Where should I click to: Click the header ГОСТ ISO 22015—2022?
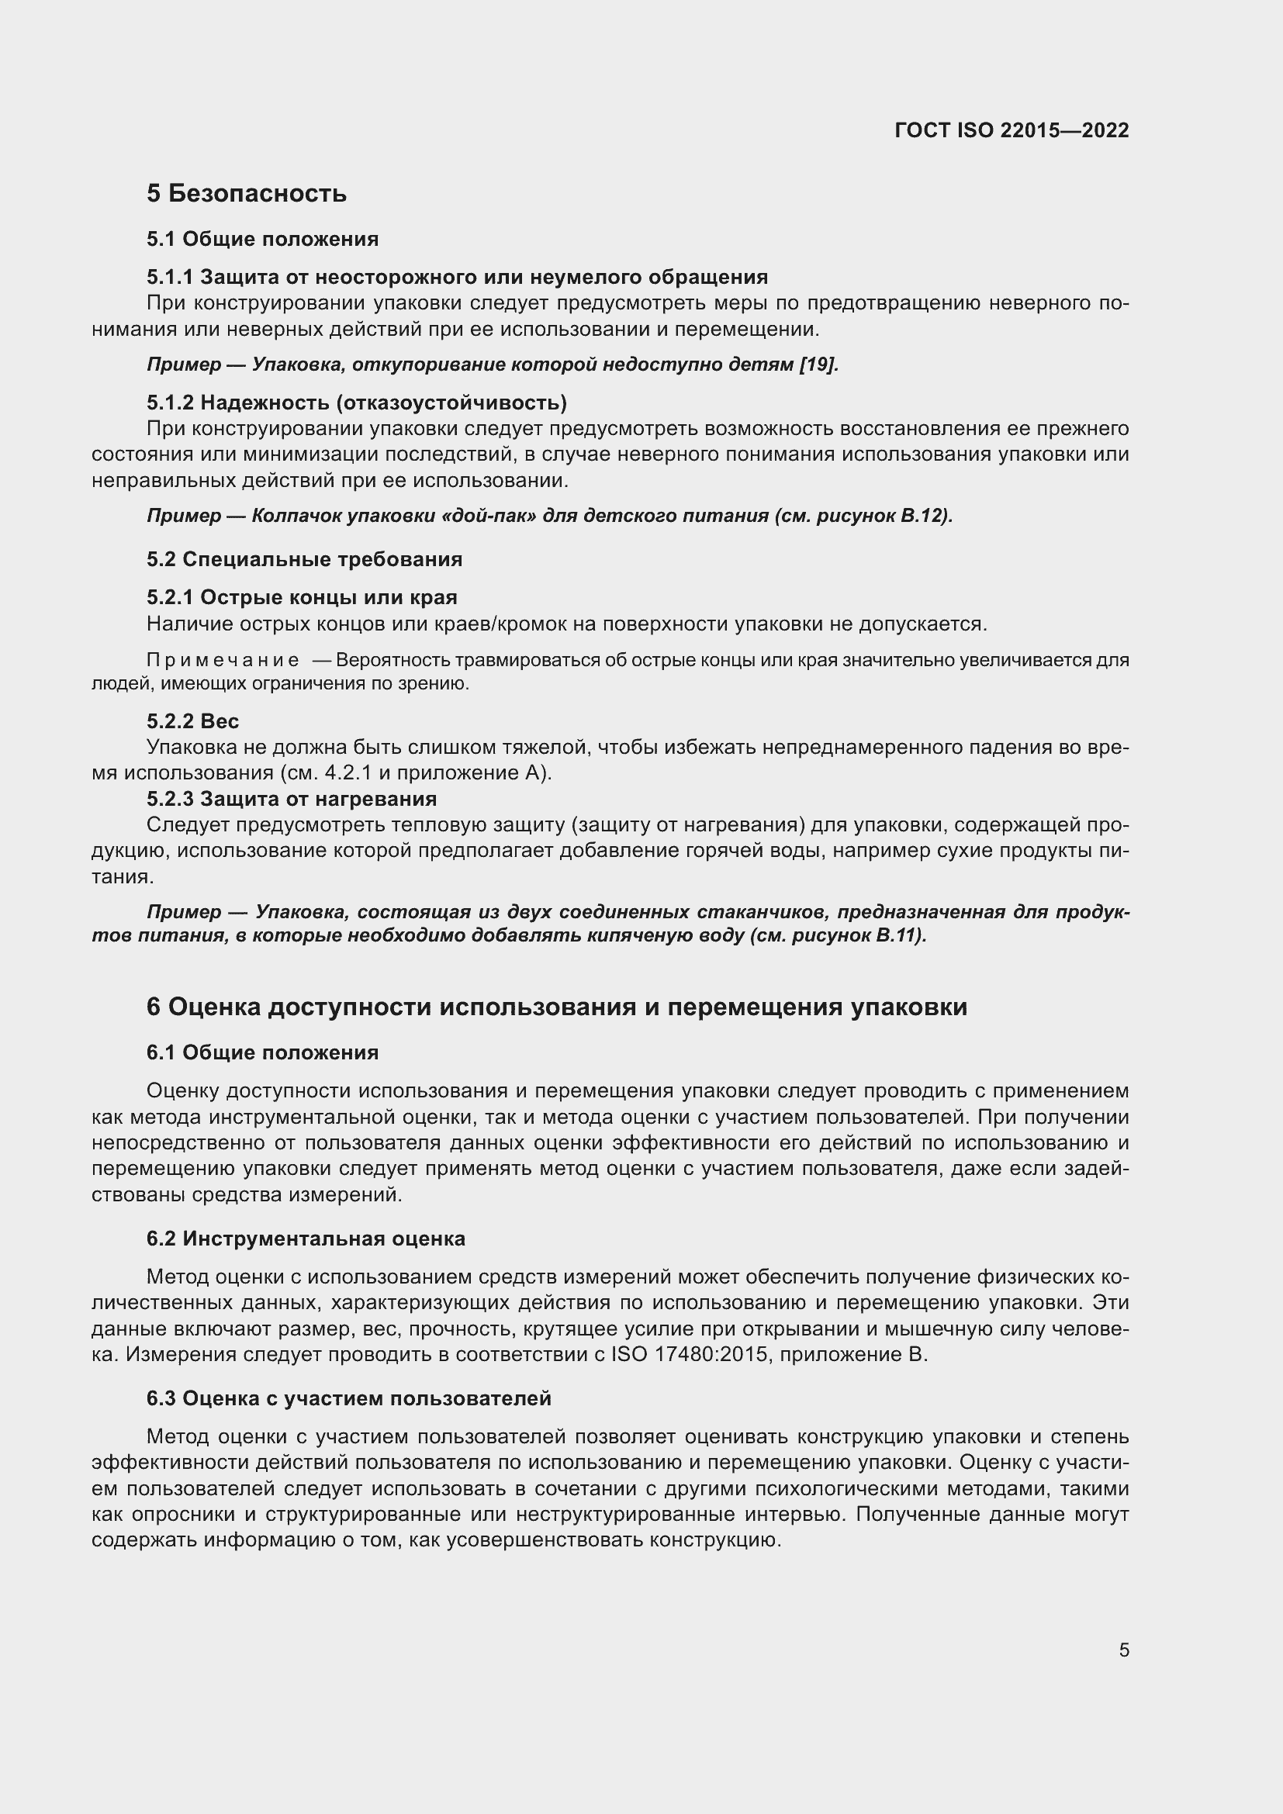[1012, 130]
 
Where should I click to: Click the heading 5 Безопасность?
[247, 193]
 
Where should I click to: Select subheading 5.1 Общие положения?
[262, 239]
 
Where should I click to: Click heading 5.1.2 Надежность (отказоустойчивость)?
[356, 403]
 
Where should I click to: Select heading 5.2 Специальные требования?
[304, 559]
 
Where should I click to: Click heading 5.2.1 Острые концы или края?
[302, 597]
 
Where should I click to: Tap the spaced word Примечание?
[223, 660]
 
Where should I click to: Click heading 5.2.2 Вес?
[193, 721]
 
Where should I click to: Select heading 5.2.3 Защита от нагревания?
[292, 799]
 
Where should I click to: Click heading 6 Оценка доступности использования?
[556, 1007]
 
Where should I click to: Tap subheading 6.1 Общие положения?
[262, 1052]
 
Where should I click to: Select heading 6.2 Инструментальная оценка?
[306, 1239]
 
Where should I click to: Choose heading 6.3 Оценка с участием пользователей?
[348, 1398]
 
